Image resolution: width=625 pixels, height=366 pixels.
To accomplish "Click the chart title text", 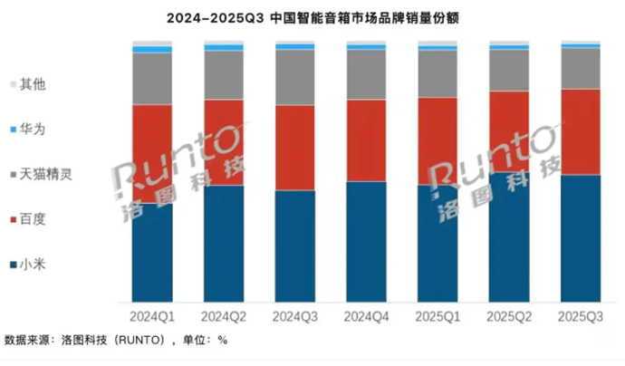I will (x=312, y=17).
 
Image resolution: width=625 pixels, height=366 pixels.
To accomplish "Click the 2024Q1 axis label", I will (x=152, y=317).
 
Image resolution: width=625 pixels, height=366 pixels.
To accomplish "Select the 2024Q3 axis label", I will (x=294, y=317).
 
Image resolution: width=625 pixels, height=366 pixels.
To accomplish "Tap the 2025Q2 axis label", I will (x=509, y=317).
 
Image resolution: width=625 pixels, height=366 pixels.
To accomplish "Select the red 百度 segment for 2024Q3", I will (x=294, y=148).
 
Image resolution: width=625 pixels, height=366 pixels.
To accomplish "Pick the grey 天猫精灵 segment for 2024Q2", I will (x=224, y=74).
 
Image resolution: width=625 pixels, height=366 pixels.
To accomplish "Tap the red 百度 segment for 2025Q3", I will (x=581, y=131).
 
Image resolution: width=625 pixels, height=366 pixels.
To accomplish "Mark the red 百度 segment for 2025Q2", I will (x=509, y=131).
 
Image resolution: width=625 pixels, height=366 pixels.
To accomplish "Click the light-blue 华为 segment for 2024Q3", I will (x=294, y=46).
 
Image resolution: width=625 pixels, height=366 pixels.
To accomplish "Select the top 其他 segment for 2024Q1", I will (x=152, y=43).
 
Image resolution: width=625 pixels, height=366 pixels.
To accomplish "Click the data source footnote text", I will (x=116, y=341).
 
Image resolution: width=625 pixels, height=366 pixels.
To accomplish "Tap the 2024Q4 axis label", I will (x=366, y=317).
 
